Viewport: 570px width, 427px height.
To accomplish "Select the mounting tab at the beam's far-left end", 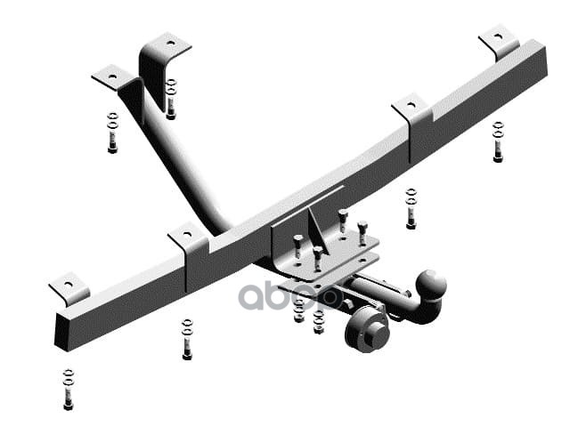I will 68,287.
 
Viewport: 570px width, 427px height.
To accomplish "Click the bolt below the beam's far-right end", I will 498,142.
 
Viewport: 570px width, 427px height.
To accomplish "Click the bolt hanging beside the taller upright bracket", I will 171,99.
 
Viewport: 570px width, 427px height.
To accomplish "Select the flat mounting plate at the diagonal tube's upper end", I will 111,78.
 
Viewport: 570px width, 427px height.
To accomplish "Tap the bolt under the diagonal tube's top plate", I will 112,133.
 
